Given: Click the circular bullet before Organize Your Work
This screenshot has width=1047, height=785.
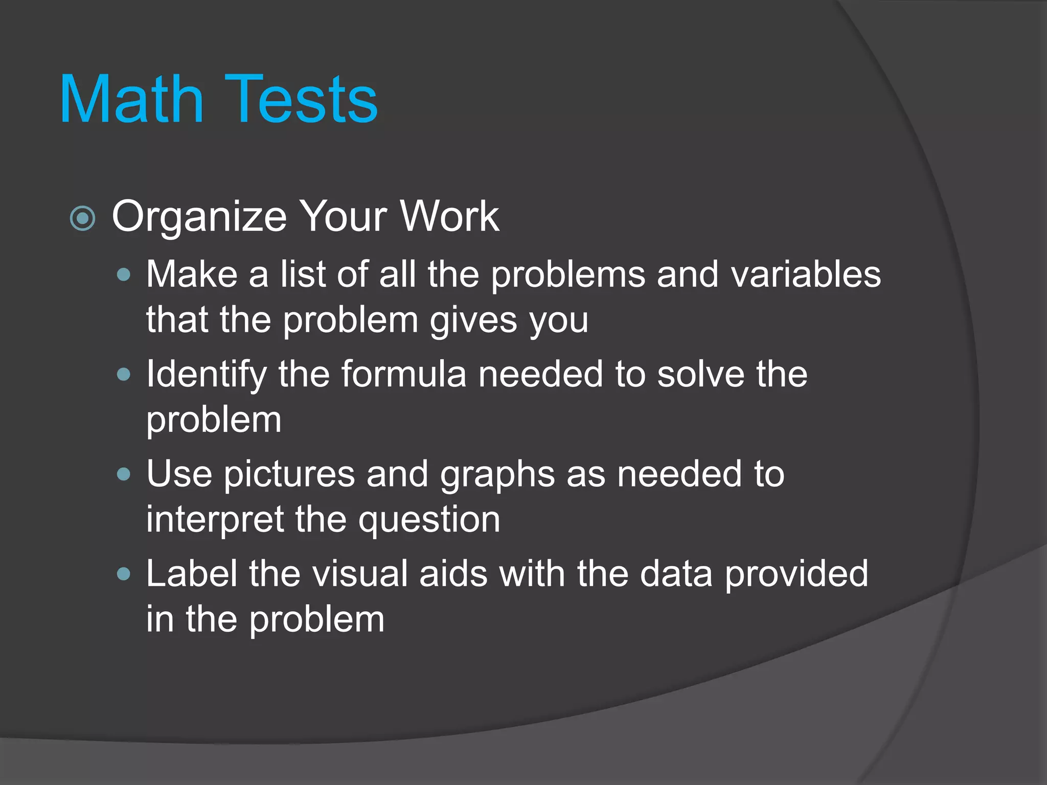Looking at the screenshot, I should tap(82, 219).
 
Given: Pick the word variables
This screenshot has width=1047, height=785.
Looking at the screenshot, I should tap(806, 275).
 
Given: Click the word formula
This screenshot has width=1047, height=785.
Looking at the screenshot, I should tap(404, 375).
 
